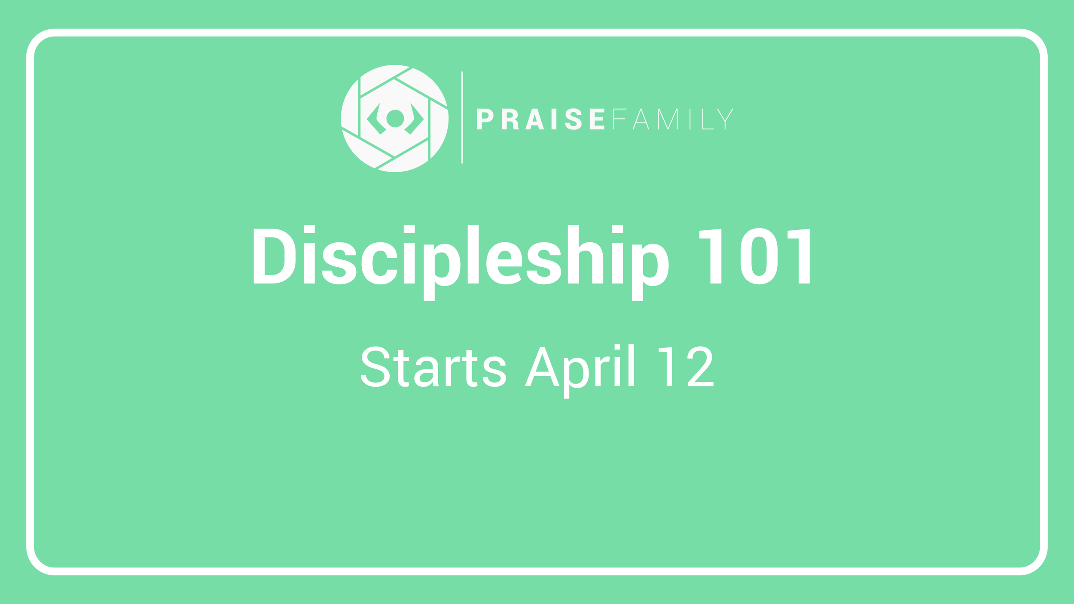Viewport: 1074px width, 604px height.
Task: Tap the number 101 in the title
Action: (754, 256)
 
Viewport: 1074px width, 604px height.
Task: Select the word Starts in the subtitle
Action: (433, 366)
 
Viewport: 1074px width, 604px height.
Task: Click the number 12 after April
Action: (686, 366)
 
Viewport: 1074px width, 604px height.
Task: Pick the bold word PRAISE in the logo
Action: (540, 119)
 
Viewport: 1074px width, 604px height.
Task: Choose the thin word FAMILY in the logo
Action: (673, 119)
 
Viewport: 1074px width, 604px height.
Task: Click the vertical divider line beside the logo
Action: (462, 117)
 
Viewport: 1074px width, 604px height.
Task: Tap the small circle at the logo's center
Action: (395, 119)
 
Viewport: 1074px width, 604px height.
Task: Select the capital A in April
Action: (542, 366)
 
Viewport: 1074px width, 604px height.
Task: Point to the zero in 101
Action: (759, 256)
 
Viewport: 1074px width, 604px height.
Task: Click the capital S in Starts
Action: (375, 366)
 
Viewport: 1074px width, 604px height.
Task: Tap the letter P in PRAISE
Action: (484, 119)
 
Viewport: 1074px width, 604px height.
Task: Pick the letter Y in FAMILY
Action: (725, 119)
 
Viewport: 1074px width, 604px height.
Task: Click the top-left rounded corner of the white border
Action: (36, 39)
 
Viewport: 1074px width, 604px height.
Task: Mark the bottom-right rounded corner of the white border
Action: (1037, 564)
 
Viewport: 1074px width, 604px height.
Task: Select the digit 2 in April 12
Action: (700, 366)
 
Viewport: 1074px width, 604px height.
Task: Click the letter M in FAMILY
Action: (668, 119)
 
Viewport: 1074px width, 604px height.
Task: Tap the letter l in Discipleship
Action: (473, 254)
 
